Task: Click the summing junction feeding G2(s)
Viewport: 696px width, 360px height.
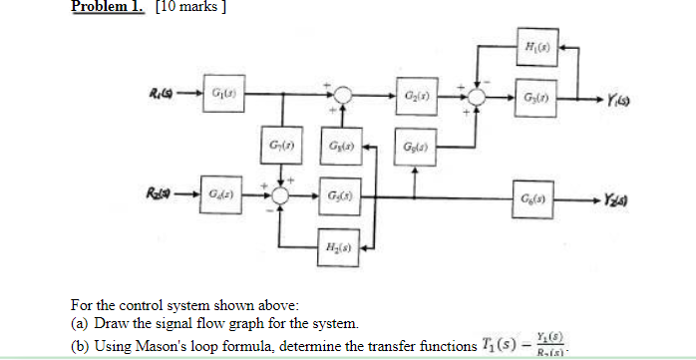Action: point(341,97)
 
